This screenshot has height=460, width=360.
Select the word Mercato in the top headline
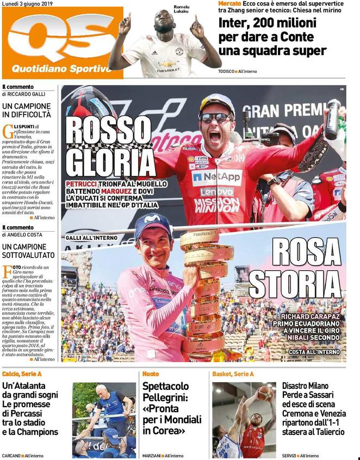pos(229,3)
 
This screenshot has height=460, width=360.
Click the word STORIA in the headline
pos(295,284)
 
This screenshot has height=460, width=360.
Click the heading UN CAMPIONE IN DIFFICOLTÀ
pos(27,110)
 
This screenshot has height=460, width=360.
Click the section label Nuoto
pos(151,374)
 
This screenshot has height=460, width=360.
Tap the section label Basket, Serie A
pos(233,374)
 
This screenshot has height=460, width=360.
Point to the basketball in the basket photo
pos(265,392)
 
